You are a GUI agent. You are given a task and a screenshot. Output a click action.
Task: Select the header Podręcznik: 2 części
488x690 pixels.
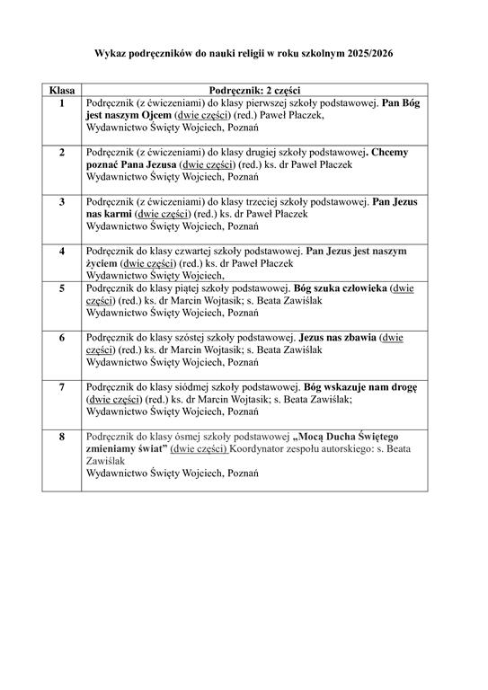pos(254,92)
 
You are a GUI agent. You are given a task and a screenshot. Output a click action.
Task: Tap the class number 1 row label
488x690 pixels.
pos(62,103)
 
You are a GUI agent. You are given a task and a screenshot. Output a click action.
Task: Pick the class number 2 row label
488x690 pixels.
pos(62,153)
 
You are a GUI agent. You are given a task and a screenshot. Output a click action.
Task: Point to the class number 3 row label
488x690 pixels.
pos(62,201)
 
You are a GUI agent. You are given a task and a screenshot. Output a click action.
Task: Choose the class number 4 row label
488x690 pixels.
pos(62,251)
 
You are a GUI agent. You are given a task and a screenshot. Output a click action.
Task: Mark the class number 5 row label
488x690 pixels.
pos(62,288)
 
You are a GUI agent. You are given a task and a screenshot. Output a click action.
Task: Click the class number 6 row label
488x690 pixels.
pos(62,338)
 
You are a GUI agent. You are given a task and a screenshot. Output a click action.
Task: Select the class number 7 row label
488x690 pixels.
pos(62,386)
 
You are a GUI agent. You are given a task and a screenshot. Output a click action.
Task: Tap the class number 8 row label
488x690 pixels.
pos(62,436)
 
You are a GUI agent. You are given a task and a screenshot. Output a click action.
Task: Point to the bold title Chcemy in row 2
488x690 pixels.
pos(389,153)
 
